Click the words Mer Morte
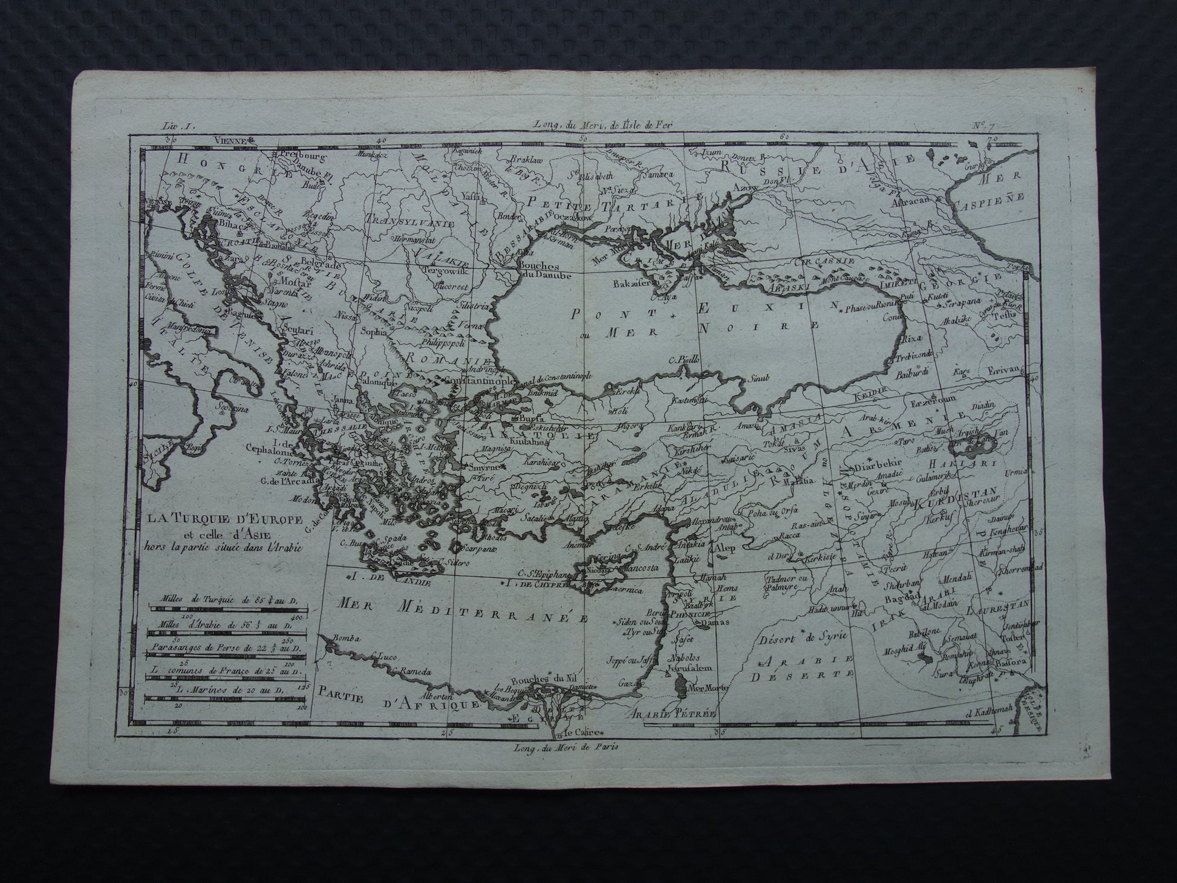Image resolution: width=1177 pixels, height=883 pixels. pyautogui.click(x=708, y=688)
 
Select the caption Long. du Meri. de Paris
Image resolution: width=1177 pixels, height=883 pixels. pyautogui.click(x=564, y=746)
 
